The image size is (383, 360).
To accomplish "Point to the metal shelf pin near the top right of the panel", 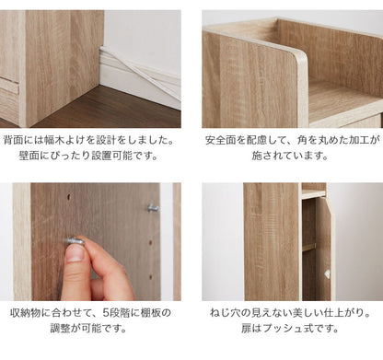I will click(x=153, y=208).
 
